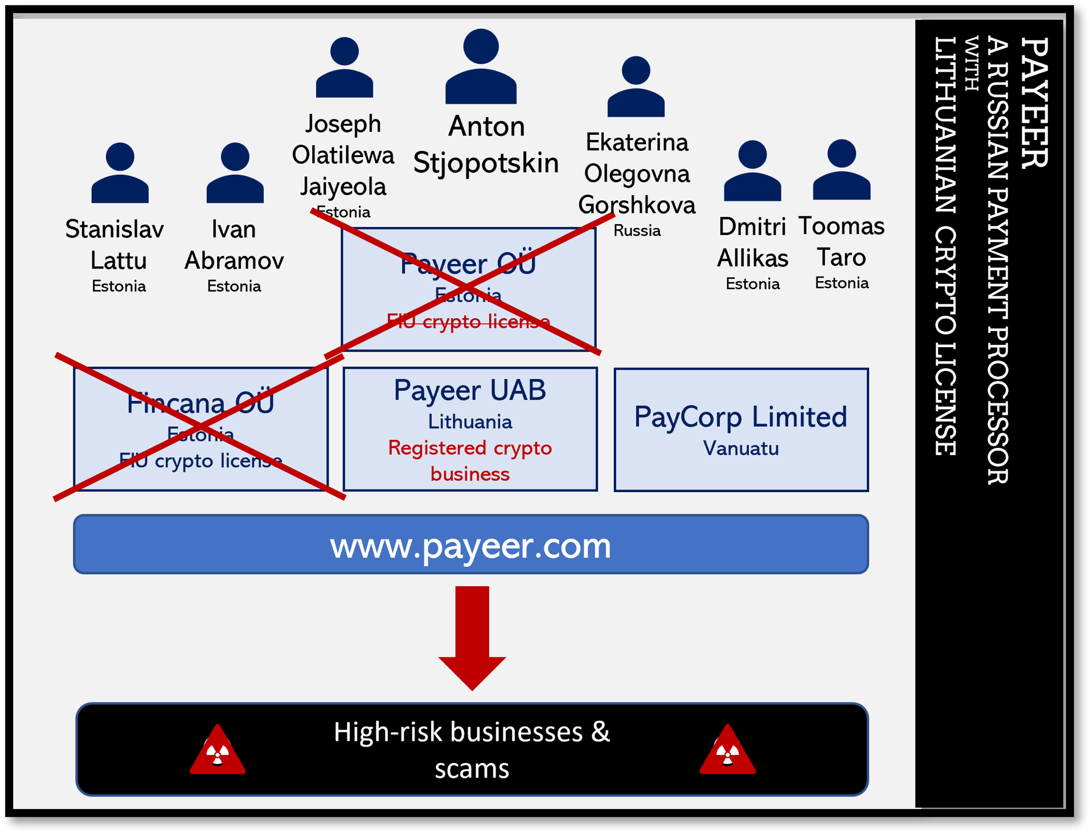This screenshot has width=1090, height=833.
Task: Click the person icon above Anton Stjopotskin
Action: tap(481, 67)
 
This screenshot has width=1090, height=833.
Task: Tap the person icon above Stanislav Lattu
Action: tap(120, 173)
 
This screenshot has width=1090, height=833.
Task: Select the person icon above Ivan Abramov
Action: tap(235, 173)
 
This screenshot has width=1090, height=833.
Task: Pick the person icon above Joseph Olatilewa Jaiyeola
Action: tap(344, 68)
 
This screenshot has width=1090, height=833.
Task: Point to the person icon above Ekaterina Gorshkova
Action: tap(636, 87)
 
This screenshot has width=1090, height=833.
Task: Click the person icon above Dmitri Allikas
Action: tap(752, 171)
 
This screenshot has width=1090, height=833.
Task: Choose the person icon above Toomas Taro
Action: tap(841, 170)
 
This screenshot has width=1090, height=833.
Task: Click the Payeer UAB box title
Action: tap(470, 390)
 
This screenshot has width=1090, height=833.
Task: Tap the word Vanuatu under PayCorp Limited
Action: tap(741, 448)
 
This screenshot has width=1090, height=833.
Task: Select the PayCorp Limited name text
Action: tap(741, 416)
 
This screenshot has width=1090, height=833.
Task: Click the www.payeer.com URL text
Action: tap(470, 545)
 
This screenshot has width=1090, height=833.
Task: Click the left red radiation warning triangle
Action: tap(218, 751)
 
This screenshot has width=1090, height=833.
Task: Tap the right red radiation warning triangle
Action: tap(727, 751)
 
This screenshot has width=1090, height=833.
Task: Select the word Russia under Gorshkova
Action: tap(637, 230)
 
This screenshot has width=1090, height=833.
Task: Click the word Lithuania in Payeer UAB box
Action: tap(470, 422)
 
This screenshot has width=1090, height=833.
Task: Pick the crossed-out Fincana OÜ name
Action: tap(200, 403)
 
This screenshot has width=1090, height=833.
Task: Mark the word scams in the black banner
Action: tap(472, 769)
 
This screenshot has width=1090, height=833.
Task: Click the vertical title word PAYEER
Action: tap(1034, 102)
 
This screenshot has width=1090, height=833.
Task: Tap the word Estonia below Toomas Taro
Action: tap(841, 283)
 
